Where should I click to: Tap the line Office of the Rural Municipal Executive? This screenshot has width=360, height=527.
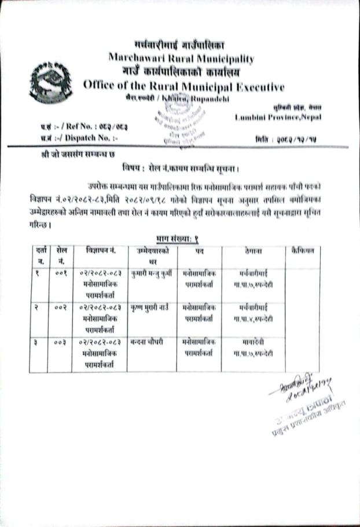pyautogui.click(x=183, y=87)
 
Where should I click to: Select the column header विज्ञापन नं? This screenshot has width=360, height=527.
pyautogui.click(x=100, y=250)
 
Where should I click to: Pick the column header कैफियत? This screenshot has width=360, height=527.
pyautogui.click(x=303, y=250)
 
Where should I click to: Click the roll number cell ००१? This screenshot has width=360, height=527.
pyautogui.click(x=61, y=270)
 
